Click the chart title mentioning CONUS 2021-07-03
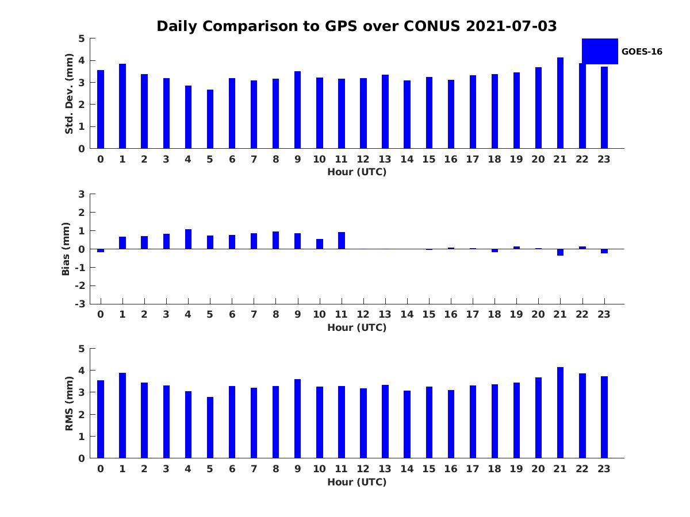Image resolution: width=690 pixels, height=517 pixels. (356, 26)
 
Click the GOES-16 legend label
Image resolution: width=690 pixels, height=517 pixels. (642, 52)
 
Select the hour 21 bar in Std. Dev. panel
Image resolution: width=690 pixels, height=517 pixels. (560, 103)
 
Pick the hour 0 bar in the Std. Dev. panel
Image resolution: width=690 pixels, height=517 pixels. (101, 109)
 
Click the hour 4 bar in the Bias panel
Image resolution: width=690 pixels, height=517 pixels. (188, 239)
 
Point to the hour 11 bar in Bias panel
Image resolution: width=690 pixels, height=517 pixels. (342, 241)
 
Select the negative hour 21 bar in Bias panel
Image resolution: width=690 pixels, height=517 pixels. (560, 252)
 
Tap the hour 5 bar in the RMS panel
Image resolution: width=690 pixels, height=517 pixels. (210, 427)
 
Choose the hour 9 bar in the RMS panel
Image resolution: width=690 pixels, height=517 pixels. (297, 419)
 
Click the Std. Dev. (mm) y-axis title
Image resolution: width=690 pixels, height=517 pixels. (69, 94)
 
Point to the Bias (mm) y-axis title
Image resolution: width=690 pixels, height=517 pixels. (66, 249)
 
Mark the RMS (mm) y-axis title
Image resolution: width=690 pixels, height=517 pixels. (69, 403)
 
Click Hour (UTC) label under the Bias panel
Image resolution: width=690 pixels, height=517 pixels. (356, 327)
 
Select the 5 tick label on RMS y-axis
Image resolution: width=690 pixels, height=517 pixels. (82, 349)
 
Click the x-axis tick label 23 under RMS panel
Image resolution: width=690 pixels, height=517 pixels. (604, 469)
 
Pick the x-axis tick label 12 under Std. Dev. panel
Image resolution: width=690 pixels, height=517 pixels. (363, 159)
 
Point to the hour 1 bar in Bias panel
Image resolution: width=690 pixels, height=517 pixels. (122, 243)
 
